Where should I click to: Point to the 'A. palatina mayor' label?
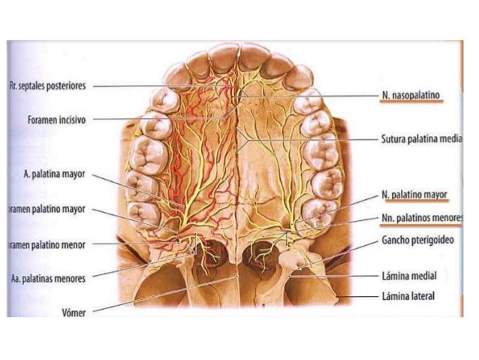[x=53, y=174]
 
